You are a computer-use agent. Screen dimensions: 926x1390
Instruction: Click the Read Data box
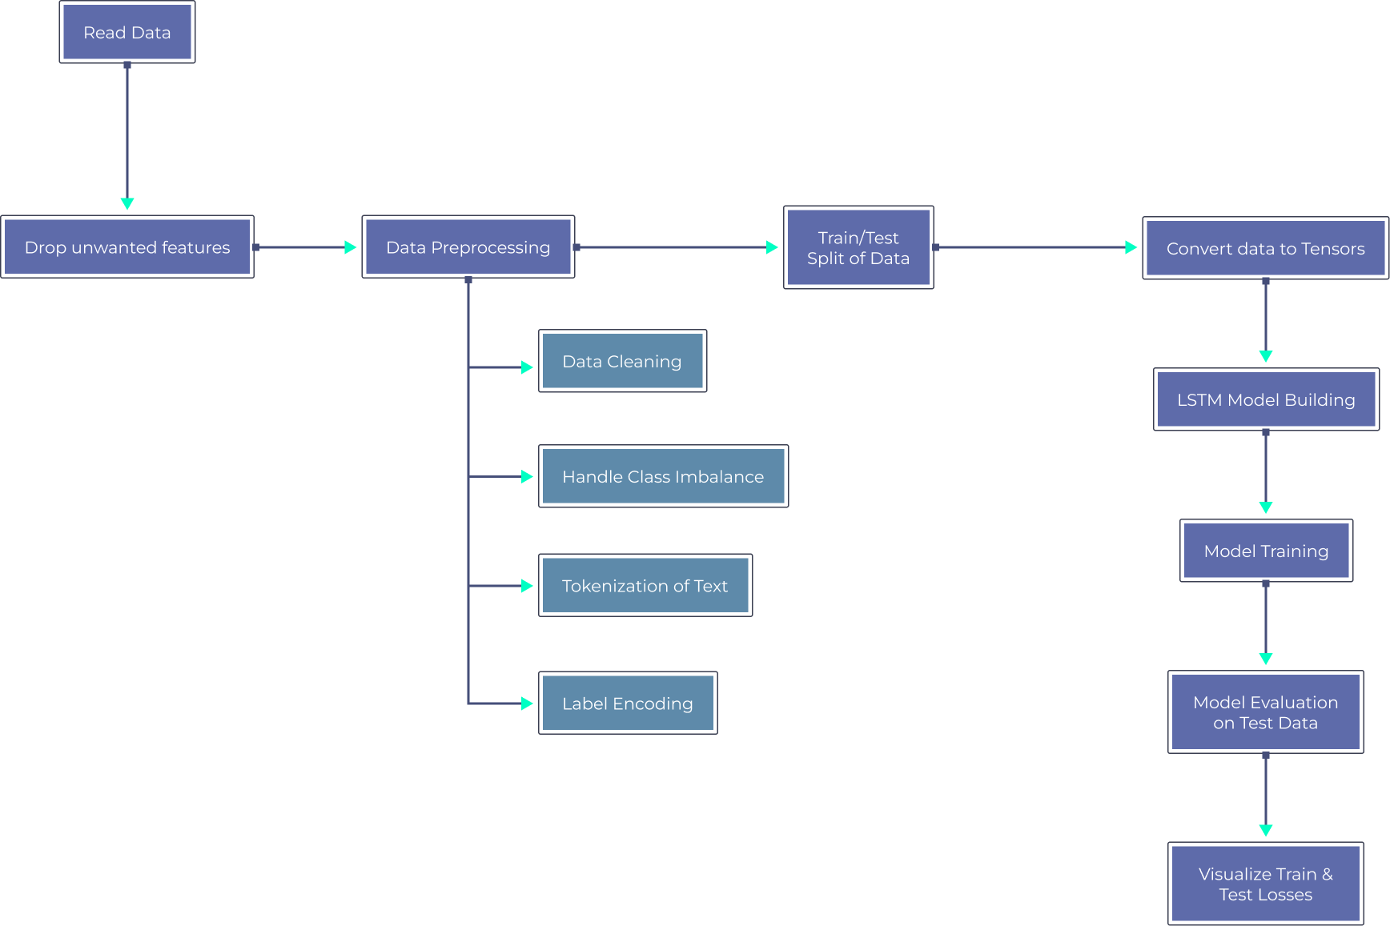(x=127, y=32)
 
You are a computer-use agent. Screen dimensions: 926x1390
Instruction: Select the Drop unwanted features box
(x=127, y=247)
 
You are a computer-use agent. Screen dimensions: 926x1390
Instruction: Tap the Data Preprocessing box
(x=468, y=247)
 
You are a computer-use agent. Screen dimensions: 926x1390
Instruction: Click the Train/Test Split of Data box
(x=858, y=247)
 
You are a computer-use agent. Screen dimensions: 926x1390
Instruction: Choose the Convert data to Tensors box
(x=1265, y=248)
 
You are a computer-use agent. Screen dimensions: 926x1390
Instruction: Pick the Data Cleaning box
(x=622, y=361)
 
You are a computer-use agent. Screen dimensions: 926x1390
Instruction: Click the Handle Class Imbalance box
(x=663, y=476)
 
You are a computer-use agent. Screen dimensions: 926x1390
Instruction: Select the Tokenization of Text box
(x=645, y=586)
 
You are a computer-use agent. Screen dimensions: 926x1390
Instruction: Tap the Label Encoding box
(x=627, y=704)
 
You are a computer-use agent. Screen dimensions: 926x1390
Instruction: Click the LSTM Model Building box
(x=1266, y=399)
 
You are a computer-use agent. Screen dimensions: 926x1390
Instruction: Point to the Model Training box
(x=1266, y=551)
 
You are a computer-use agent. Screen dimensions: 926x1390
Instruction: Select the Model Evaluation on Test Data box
(x=1265, y=712)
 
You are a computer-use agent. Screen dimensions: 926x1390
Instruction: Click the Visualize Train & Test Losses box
(x=1265, y=884)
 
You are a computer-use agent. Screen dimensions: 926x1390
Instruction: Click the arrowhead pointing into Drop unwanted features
(x=127, y=204)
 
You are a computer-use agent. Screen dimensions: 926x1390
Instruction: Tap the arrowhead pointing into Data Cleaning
(x=527, y=367)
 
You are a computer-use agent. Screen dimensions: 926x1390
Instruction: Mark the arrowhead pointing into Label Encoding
(x=527, y=704)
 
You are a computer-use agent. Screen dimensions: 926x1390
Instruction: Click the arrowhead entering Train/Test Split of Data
(x=772, y=247)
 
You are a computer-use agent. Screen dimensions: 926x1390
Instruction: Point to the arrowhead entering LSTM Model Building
(x=1266, y=356)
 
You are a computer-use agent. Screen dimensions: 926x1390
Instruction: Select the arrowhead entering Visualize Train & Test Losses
(x=1266, y=831)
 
